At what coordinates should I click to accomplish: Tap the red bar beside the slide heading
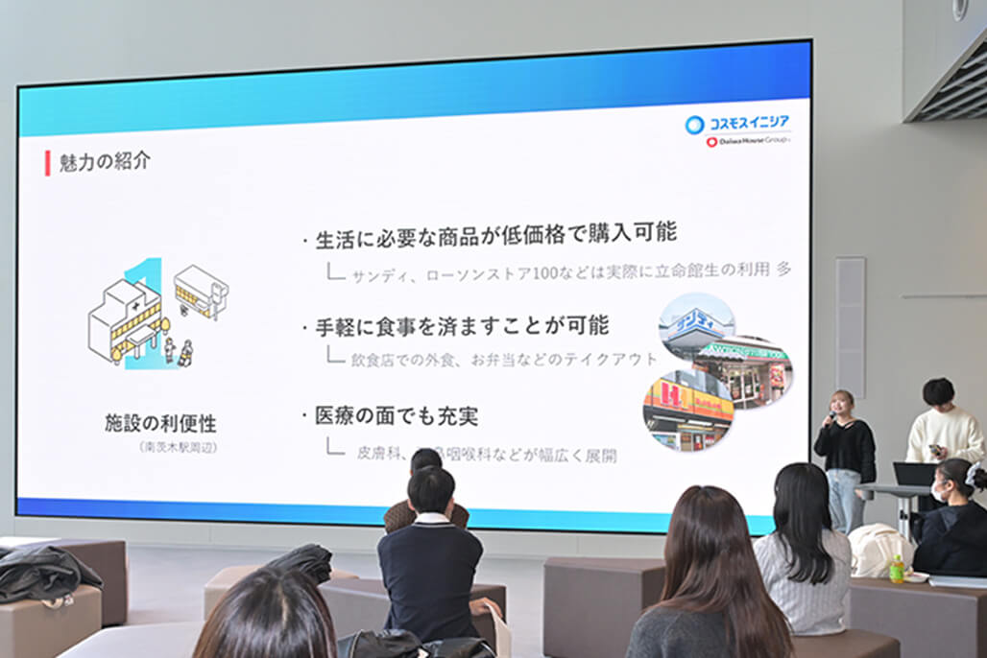click(x=47, y=163)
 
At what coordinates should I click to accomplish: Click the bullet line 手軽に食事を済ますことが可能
click(x=462, y=326)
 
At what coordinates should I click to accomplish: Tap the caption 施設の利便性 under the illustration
click(x=160, y=423)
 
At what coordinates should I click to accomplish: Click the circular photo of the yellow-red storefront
click(x=687, y=411)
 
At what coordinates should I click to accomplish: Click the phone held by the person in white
click(x=935, y=449)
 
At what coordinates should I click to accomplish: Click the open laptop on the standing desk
click(x=914, y=474)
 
